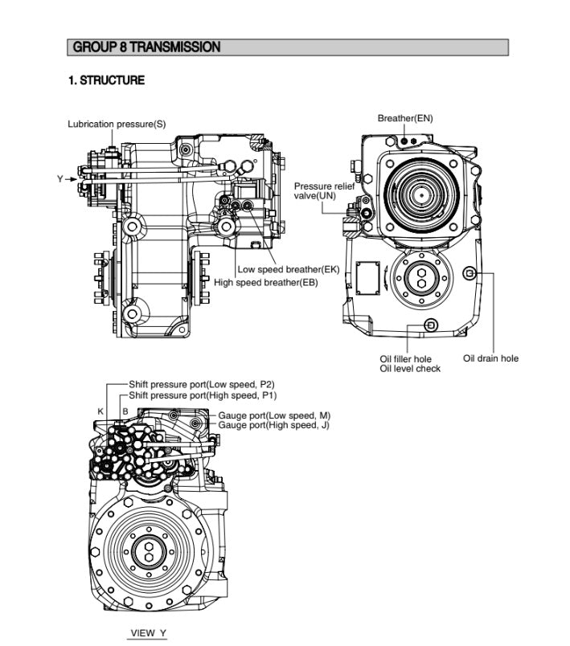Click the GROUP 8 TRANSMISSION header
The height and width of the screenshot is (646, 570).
[x=146, y=47]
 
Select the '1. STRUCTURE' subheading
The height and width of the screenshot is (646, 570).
[x=106, y=80]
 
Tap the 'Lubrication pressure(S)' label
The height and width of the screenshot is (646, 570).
[x=117, y=124]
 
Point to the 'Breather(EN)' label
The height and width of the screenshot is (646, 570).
[x=405, y=118]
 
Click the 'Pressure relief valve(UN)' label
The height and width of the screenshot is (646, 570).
[x=324, y=190]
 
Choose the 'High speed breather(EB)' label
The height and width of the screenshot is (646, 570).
[x=266, y=282]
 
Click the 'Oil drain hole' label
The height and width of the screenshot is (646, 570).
[x=490, y=358]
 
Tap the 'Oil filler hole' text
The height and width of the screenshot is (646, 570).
[x=405, y=358]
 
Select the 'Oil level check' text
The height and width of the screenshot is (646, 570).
[x=410, y=369]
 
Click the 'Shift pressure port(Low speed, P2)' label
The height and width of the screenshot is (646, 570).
[x=201, y=385]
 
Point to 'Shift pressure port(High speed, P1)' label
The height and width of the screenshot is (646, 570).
[x=203, y=396]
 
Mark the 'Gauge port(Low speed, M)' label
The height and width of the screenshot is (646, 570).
[x=274, y=415]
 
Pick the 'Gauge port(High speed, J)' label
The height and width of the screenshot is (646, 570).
[x=273, y=425]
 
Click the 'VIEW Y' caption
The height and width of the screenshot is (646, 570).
[x=148, y=633]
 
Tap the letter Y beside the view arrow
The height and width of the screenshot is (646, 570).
[x=59, y=178]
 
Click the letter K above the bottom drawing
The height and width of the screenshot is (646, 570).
[x=100, y=411]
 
